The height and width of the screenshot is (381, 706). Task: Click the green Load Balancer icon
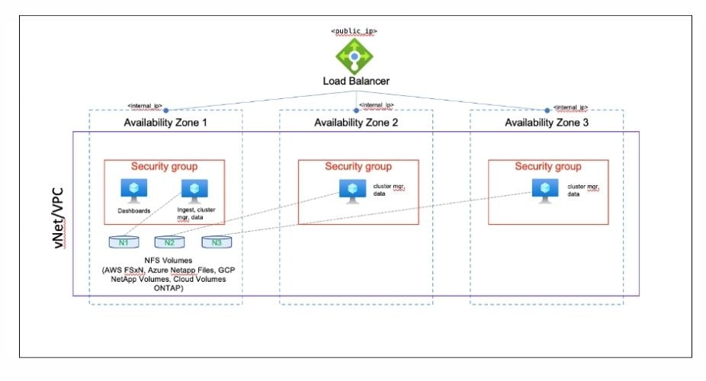(355, 56)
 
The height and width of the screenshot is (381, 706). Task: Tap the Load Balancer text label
(356, 81)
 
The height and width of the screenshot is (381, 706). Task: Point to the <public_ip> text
(354, 31)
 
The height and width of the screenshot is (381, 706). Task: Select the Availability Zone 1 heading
(165, 123)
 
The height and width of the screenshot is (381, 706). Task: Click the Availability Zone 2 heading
(356, 123)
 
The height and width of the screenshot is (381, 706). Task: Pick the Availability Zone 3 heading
(547, 123)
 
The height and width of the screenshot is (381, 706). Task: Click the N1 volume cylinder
(124, 242)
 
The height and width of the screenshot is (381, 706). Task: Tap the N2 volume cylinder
(169, 242)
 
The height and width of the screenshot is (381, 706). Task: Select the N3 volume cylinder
(217, 242)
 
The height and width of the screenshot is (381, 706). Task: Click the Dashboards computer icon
(133, 190)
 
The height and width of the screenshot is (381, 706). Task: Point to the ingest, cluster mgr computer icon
(194, 190)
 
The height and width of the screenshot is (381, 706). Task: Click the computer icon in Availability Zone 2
(352, 191)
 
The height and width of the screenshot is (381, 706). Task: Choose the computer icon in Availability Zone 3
(545, 190)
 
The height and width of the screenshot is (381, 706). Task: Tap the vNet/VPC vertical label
(58, 218)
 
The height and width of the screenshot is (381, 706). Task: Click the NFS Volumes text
(168, 261)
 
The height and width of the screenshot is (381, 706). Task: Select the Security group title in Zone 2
(358, 166)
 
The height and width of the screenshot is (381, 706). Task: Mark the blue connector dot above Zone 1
(165, 110)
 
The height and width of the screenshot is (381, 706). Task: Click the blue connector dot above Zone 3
(547, 110)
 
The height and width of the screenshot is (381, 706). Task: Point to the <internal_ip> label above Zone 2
(377, 105)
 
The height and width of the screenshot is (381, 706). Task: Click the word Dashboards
(133, 210)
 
